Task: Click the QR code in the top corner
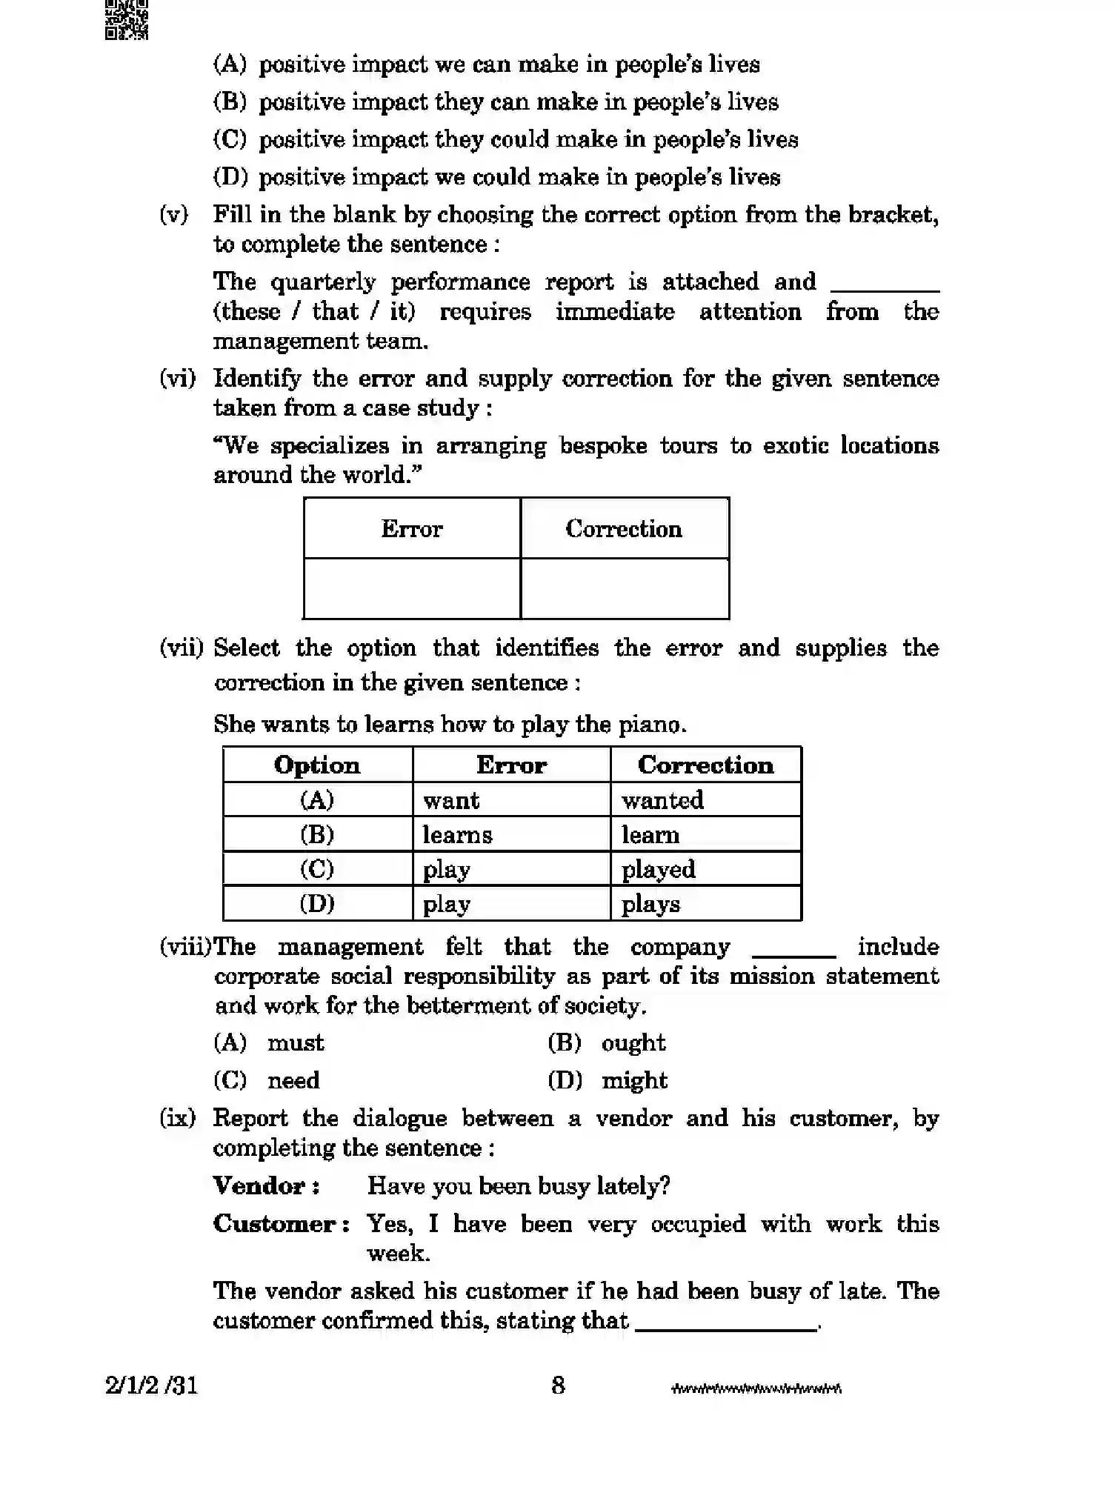coord(127,19)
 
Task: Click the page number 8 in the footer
coord(558,1385)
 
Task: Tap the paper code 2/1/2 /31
coord(152,1385)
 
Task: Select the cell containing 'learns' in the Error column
coord(510,834)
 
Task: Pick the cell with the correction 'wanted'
coord(705,800)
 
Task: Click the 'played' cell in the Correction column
coord(705,869)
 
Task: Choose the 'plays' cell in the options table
coord(705,904)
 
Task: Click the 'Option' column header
coord(317,765)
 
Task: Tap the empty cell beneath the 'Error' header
coord(412,588)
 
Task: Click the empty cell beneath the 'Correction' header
coord(625,588)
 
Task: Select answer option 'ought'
coord(633,1043)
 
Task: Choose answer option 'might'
coord(634,1080)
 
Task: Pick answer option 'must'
coord(295,1043)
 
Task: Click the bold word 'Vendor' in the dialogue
coord(259,1185)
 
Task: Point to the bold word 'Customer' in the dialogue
coord(275,1223)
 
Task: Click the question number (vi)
coord(178,379)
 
